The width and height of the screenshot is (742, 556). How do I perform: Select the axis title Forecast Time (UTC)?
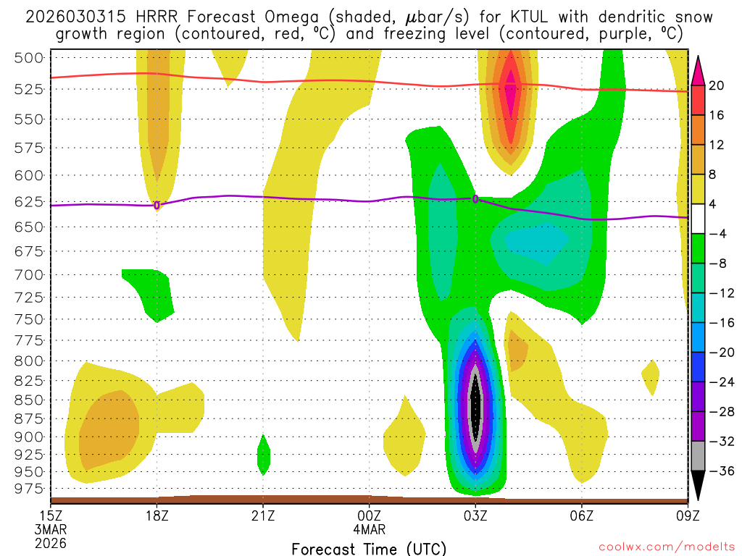(x=369, y=548)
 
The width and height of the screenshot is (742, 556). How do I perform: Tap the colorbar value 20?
(x=717, y=85)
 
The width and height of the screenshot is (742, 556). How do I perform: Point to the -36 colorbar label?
(x=721, y=471)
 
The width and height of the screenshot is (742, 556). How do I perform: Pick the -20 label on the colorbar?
(x=721, y=352)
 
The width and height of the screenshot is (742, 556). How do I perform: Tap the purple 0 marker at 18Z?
(x=157, y=206)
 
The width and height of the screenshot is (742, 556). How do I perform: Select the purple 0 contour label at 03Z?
(x=475, y=198)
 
